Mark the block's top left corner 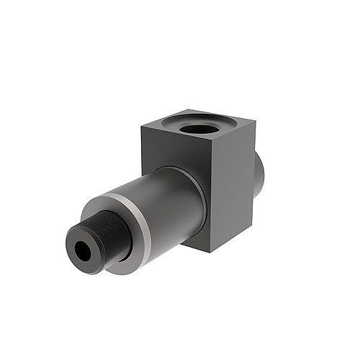coord(142,127)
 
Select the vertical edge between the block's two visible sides coord(210,198)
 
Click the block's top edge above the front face coord(176,136)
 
